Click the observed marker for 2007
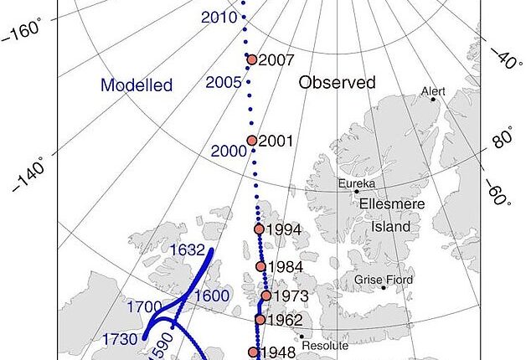tap(251, 59)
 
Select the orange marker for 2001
tap(251, 141)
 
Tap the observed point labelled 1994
tap(259, 229)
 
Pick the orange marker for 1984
tap(260, 266)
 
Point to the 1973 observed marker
tap(265, 296)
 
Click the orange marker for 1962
tap(260, 319)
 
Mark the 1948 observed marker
tap(254, 352)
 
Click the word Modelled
tap(137, 85)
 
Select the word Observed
tap(338, 82)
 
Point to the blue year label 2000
tap(229, 151)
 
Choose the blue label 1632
tap(188, 249)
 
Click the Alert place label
tap(433, 90)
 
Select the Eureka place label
tap(357, 183)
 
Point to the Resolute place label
tap(324, 345)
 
